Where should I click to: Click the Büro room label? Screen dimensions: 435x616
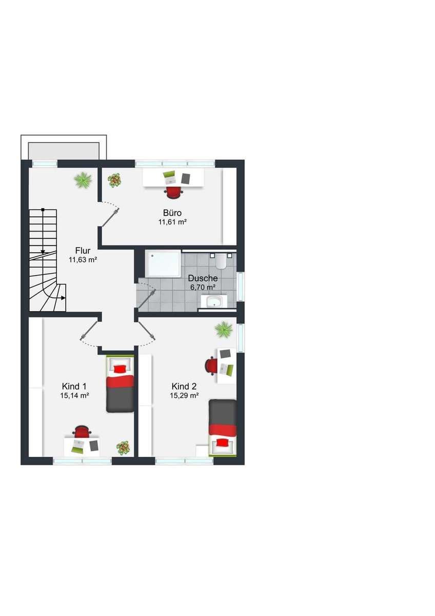(x=172, y=213)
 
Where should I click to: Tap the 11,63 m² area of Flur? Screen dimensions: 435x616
(x=83, y=259)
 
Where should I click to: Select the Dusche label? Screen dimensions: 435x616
(x=203, y=278)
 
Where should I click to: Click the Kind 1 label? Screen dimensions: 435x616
(x=74, y=387)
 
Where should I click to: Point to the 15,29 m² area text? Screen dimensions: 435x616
(x=184, y=395)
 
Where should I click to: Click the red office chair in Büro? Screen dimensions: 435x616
(x=174, y=191)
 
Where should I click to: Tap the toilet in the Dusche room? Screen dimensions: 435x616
(x=221, y=261)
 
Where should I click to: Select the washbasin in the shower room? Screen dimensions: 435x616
(x=214, y=302)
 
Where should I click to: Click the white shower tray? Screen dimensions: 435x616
(x=163, y=263)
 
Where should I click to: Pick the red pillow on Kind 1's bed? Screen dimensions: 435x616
(x=120, y=369)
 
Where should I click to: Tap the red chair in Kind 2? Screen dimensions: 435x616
(x=210, y=366)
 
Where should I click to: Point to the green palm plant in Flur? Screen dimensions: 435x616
(x=83, y=180)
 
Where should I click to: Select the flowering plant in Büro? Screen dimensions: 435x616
(x=114, y=180)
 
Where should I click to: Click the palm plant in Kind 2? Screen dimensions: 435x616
(x=224, y=329)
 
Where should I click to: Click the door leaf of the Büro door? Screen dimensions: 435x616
(x=110, y=217)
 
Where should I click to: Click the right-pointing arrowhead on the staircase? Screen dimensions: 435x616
(x=63, y=298)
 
